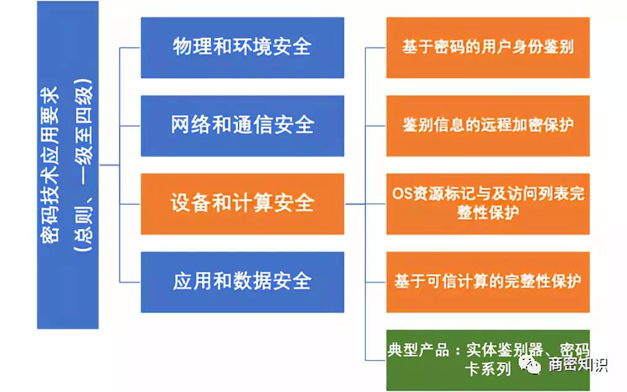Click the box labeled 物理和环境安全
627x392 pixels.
point(242,47)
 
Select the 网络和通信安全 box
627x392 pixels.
point(242,126)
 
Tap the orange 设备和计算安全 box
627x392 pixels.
point(242,204)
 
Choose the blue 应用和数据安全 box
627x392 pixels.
point(242,282)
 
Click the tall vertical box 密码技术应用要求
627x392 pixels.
point(68,165)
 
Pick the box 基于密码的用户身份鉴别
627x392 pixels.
point(488,47)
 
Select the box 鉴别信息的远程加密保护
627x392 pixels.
point(488,126)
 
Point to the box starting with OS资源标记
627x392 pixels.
point(488,204)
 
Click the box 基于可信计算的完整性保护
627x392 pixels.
point(488,282)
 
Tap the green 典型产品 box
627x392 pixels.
point(488,360)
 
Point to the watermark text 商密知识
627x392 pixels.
point(577,364)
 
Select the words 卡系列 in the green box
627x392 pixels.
point(488,369)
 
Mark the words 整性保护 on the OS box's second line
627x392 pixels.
point(488,213)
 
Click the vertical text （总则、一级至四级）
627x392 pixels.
point(83,165)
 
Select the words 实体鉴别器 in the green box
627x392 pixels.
point(504,350)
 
